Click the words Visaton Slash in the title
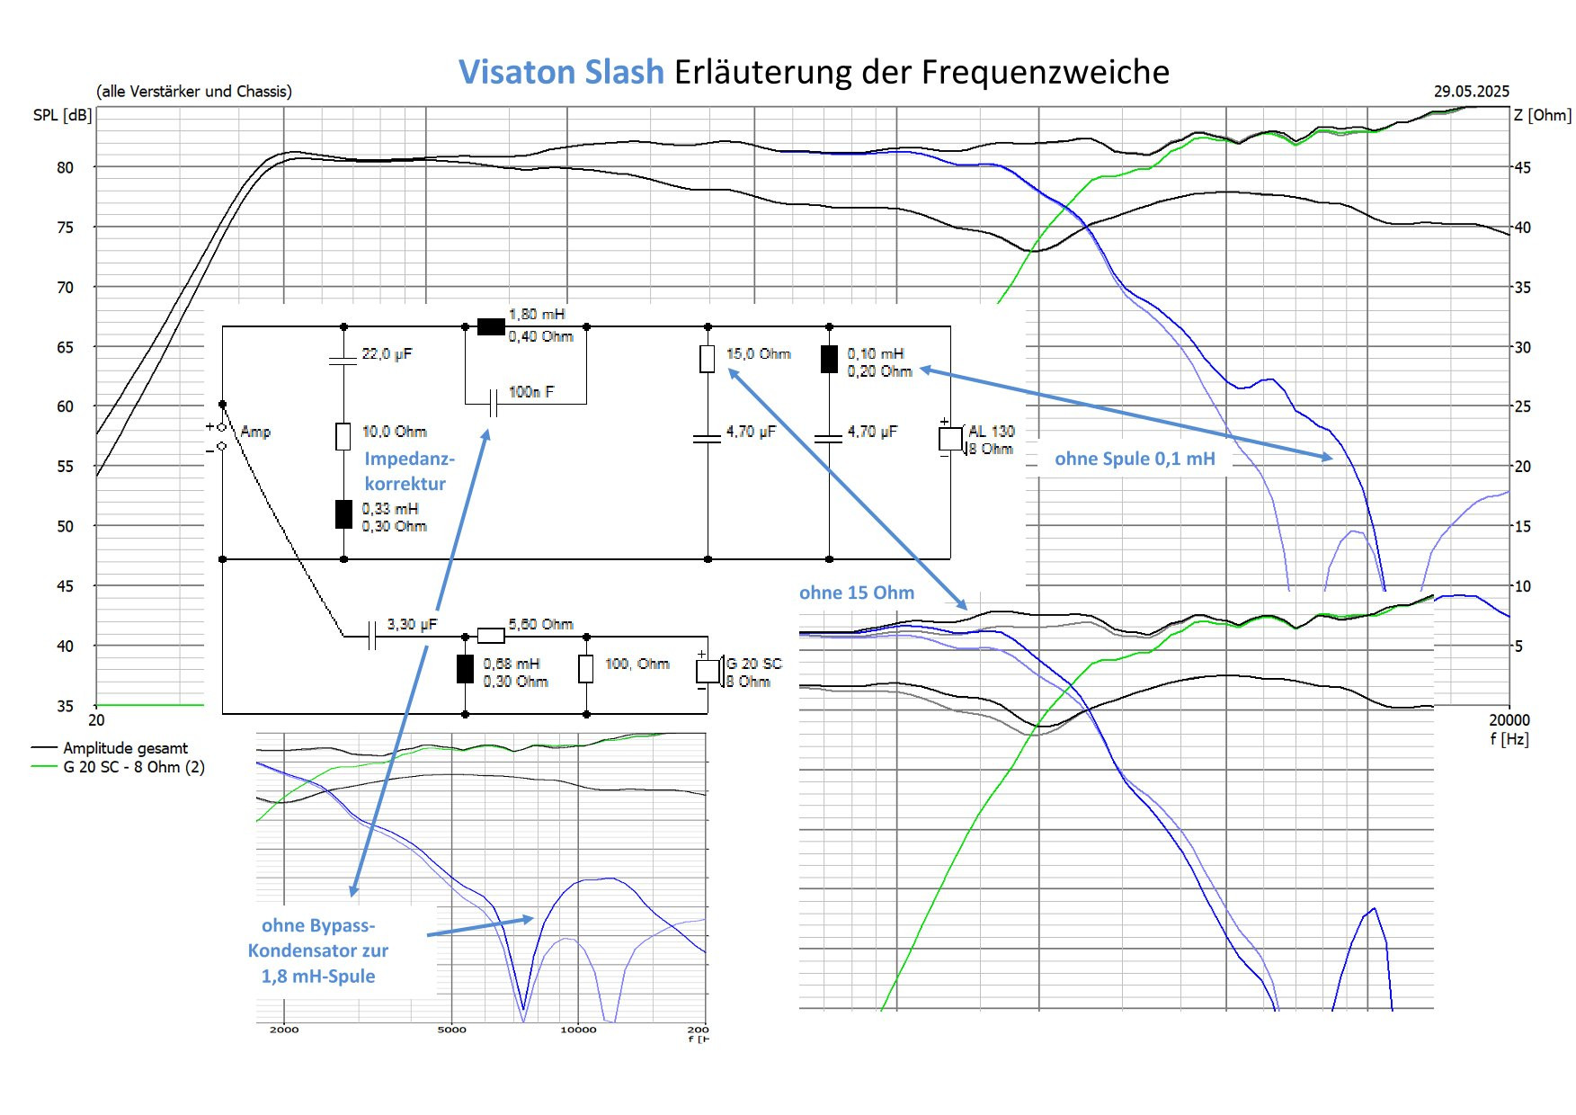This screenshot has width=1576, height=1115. click(561, 72)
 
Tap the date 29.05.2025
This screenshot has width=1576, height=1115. click(1471, 91)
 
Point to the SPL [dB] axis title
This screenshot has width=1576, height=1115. click(62, 115)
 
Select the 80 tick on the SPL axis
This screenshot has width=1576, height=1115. click(65, 167)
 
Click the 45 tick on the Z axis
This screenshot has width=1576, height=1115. click(1521, 167)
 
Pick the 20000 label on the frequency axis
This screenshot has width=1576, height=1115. click(1508, 719)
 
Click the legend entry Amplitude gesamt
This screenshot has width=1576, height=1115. click(125, 748)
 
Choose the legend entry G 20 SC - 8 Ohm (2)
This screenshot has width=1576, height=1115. click(133, 767)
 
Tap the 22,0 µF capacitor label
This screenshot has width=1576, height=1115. click(387, 354)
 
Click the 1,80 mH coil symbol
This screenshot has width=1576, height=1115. click(491, 326)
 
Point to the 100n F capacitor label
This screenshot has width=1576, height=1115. click(531, 392)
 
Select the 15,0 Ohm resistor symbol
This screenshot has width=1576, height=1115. click(708, 359)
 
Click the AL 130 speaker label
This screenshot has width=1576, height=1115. click(991, 432)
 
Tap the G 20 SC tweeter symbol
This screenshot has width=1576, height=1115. click(708, 672)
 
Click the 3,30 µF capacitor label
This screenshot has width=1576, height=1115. click(412, 624)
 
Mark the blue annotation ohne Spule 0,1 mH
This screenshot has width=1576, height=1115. click(1135, 459)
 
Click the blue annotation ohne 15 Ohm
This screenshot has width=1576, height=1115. click(856, 593)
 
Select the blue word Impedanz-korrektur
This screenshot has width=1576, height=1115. click(409, 471)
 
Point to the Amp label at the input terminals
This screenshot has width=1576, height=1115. click(255, 432)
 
